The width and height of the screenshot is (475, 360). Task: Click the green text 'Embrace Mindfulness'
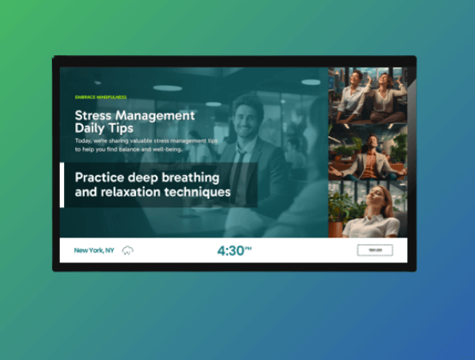tap(100, 97)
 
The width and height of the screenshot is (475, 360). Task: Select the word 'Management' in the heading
tap(157, 115)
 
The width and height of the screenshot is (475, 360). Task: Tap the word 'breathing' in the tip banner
tap(190, 178)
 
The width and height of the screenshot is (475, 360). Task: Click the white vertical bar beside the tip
tap(62, 185)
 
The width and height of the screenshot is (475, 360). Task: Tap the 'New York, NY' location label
tap(94, 250)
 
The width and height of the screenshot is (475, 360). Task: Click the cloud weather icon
tap(127, 250)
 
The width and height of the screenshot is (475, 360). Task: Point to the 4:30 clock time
tap(230, 250)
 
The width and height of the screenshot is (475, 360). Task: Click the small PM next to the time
tap(249, 247)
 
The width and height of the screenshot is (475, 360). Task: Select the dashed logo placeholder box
tap(374, 250)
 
